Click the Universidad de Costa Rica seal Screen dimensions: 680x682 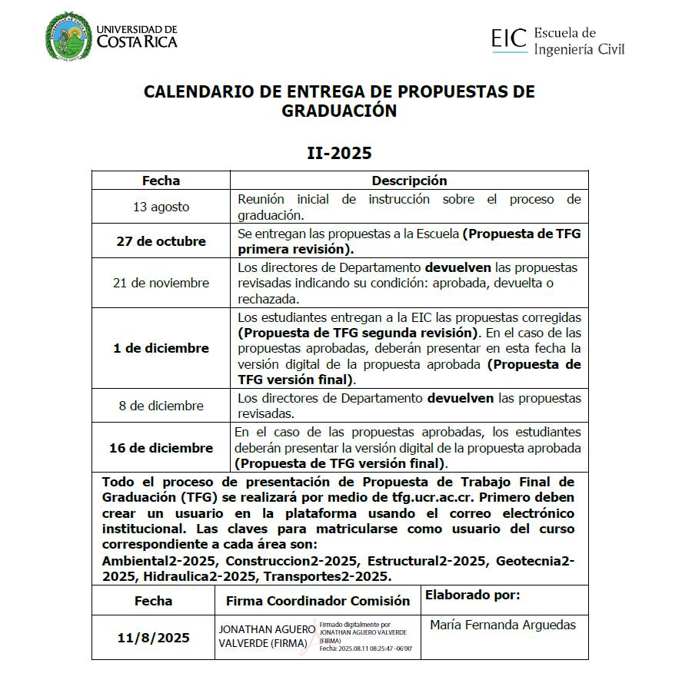(x=68, y=36)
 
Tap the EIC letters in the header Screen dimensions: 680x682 (x=509, y=38)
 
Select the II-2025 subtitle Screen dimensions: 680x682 (x=339, y=153)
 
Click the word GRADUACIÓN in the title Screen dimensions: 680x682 (x=339, y=111)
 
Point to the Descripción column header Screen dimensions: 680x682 (x=409, y=181)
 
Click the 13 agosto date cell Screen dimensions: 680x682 (x=161, y=207)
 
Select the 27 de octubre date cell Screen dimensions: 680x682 (x=161, y=241)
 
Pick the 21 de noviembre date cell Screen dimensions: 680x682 (x=161, y=283)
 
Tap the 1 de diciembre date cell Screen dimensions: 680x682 (x=161, y=348)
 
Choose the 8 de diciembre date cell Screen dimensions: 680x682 (x=161, y=406)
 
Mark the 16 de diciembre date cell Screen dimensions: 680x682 (x=161, y=448)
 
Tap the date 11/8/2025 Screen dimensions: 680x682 (x=154, y=638)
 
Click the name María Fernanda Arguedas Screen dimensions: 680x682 (x=503, y=625)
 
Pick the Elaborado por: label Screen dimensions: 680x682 (x=472, y=595)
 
